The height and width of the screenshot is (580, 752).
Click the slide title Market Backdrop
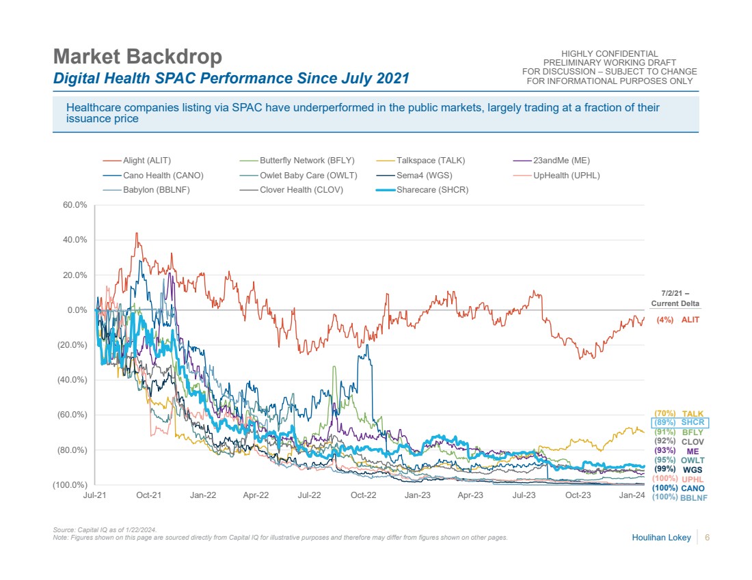coord(137,56)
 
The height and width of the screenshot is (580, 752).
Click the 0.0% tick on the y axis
coord(77,309)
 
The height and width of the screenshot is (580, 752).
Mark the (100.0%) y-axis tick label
coord(70,485)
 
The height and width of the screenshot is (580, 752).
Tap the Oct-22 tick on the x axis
coord(364,495)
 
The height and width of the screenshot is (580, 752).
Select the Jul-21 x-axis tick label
coord(94,495)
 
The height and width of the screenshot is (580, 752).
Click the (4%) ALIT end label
coord(677,320)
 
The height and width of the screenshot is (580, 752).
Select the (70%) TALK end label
coord(678,413)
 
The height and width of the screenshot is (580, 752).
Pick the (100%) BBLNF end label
coord(679,497)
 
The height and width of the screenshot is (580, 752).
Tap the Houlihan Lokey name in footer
coord(660,538)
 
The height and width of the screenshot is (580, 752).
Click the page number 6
coord(707,538)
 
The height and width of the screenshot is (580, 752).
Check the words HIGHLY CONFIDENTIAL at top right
coord(609,54)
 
